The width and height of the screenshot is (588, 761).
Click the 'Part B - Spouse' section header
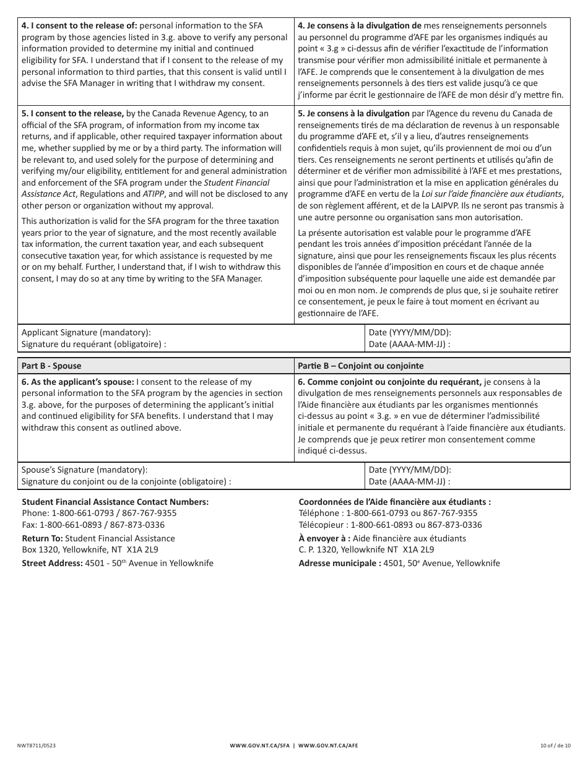(x=51, y=366)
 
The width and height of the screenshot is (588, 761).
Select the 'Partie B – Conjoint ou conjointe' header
(x=360, y=366)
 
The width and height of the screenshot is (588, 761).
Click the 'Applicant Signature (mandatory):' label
(x=86, y=332)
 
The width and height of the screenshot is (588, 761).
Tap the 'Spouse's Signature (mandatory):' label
(x=85, y=470)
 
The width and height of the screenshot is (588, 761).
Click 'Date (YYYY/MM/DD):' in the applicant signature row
(x=410, y=332)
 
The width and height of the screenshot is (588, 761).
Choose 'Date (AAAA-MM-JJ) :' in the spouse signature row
(x=409, y=481)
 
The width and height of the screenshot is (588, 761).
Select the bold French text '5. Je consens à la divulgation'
(x=353, y=113)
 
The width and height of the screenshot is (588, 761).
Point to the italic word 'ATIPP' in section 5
(x=155, y=194)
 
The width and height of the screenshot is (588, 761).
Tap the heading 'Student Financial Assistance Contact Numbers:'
(x=115, y=502)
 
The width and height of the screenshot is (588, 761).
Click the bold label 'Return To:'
(x=42, y=538)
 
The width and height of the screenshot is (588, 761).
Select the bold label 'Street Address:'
(x=52, y=563)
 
